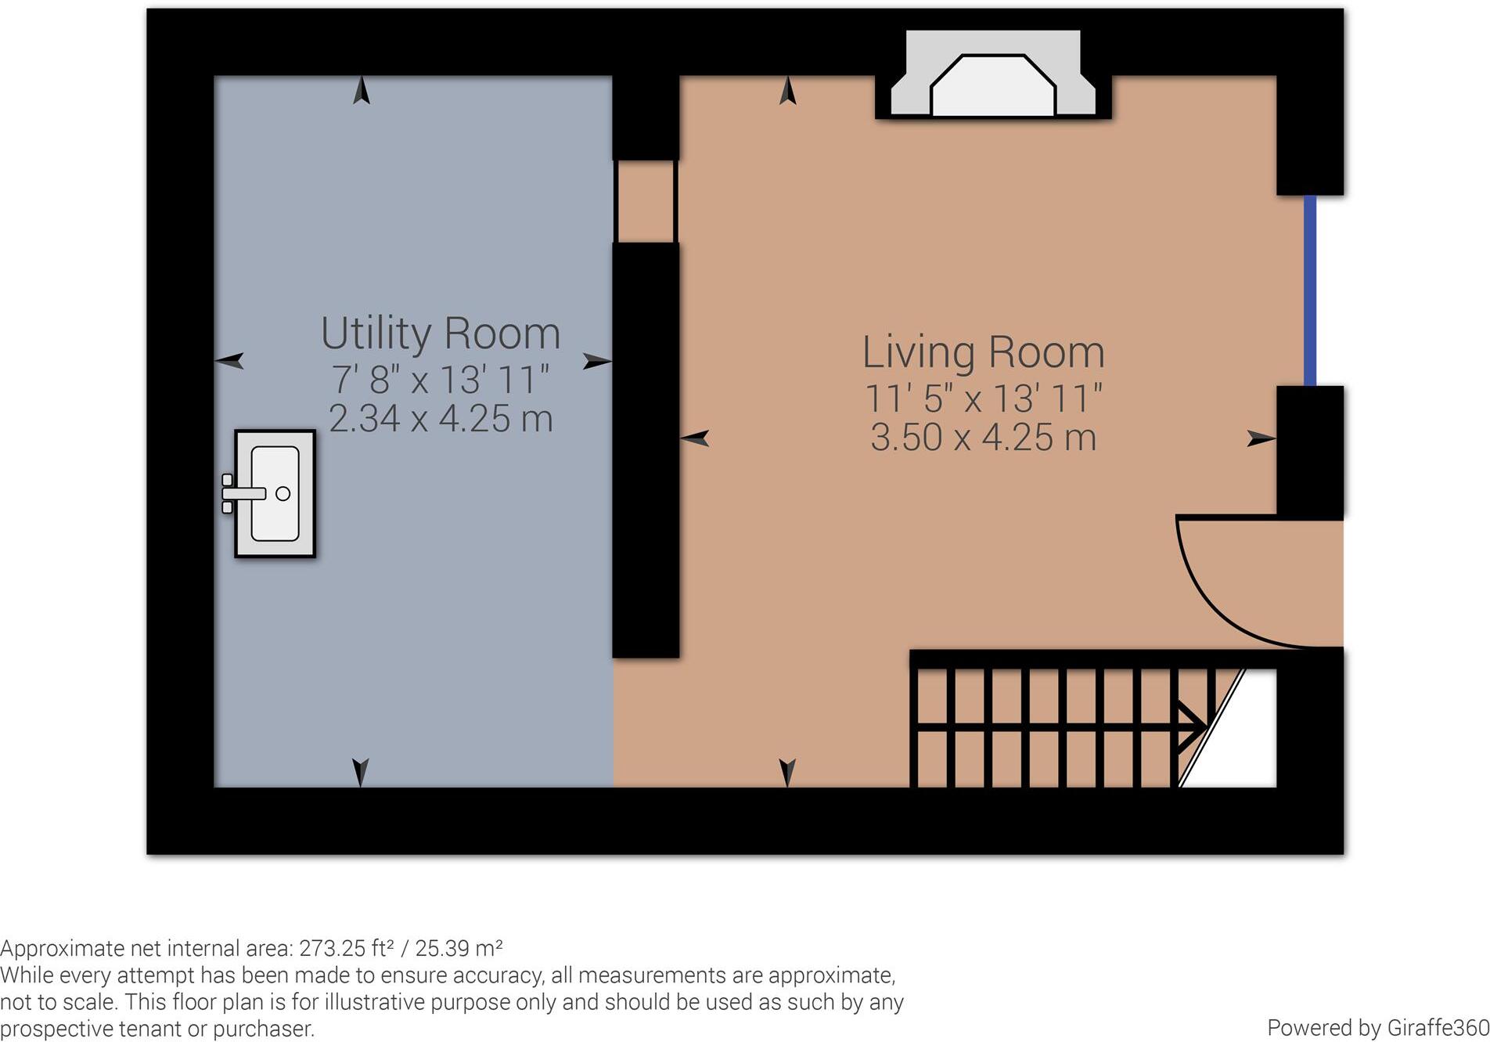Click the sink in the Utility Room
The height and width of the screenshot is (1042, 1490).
pyautogui.click(x=275, y=493)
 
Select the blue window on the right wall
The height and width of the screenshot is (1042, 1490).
pyautogui.click(x=1309, y=290)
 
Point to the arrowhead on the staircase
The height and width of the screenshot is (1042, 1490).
pyautogui.click(x=1193, y=727)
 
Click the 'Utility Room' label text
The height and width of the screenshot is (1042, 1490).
pyautogui.click(x=441, y=334)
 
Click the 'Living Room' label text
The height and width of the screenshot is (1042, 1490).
pyautogui.click(x=983, y=352)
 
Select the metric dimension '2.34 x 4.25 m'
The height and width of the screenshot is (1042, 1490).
pyautogui.click(x=441, y=419)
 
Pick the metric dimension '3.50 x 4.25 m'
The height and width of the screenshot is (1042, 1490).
pyautogui.click(x=983, y=438)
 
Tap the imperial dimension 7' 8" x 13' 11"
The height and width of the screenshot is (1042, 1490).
pyautogui.click(x=441, y=380)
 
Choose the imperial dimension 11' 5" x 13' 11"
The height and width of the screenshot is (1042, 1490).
pyautogui.click(x=983, y=399)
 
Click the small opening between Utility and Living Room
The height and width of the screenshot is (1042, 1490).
pyautogui.click(x=645, y=201)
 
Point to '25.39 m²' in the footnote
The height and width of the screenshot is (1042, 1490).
pyautogui.click(x=459, y=949)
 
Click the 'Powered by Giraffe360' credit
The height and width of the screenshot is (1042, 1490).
pyautogui.click(x=1377, y=1028)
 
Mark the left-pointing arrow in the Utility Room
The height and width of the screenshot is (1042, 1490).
pyautogui.click(x=229, y=360)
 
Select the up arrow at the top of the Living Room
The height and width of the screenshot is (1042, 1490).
pyautogui.click(x=787, y=91)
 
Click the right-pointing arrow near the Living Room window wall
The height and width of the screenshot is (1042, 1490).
pyautogui.click(x=1261, y=438)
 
